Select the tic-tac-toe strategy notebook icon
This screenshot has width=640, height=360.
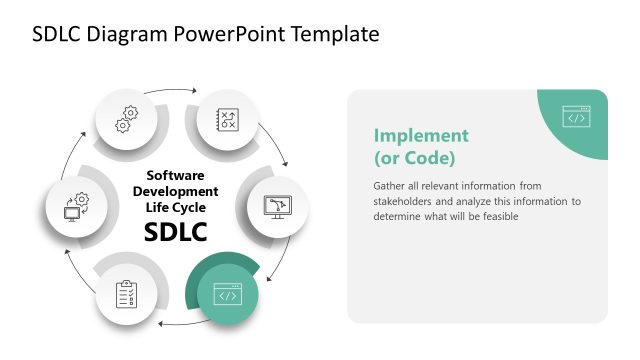tap(227, 118)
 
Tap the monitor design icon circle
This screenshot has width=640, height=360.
tap(276, 206)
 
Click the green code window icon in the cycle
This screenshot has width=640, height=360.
tap(227, 295)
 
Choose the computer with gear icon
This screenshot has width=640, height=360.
tap(77, 206)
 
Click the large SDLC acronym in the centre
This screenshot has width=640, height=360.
tap(175, 232)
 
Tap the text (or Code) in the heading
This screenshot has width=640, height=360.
tap(414, 157)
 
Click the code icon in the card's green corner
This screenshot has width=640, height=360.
tap(575, 117)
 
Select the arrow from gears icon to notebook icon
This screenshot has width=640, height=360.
tap(177, 93)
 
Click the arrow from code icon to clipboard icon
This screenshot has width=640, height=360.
tap(175, 322)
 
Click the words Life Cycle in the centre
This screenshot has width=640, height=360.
tap(175, 206)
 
